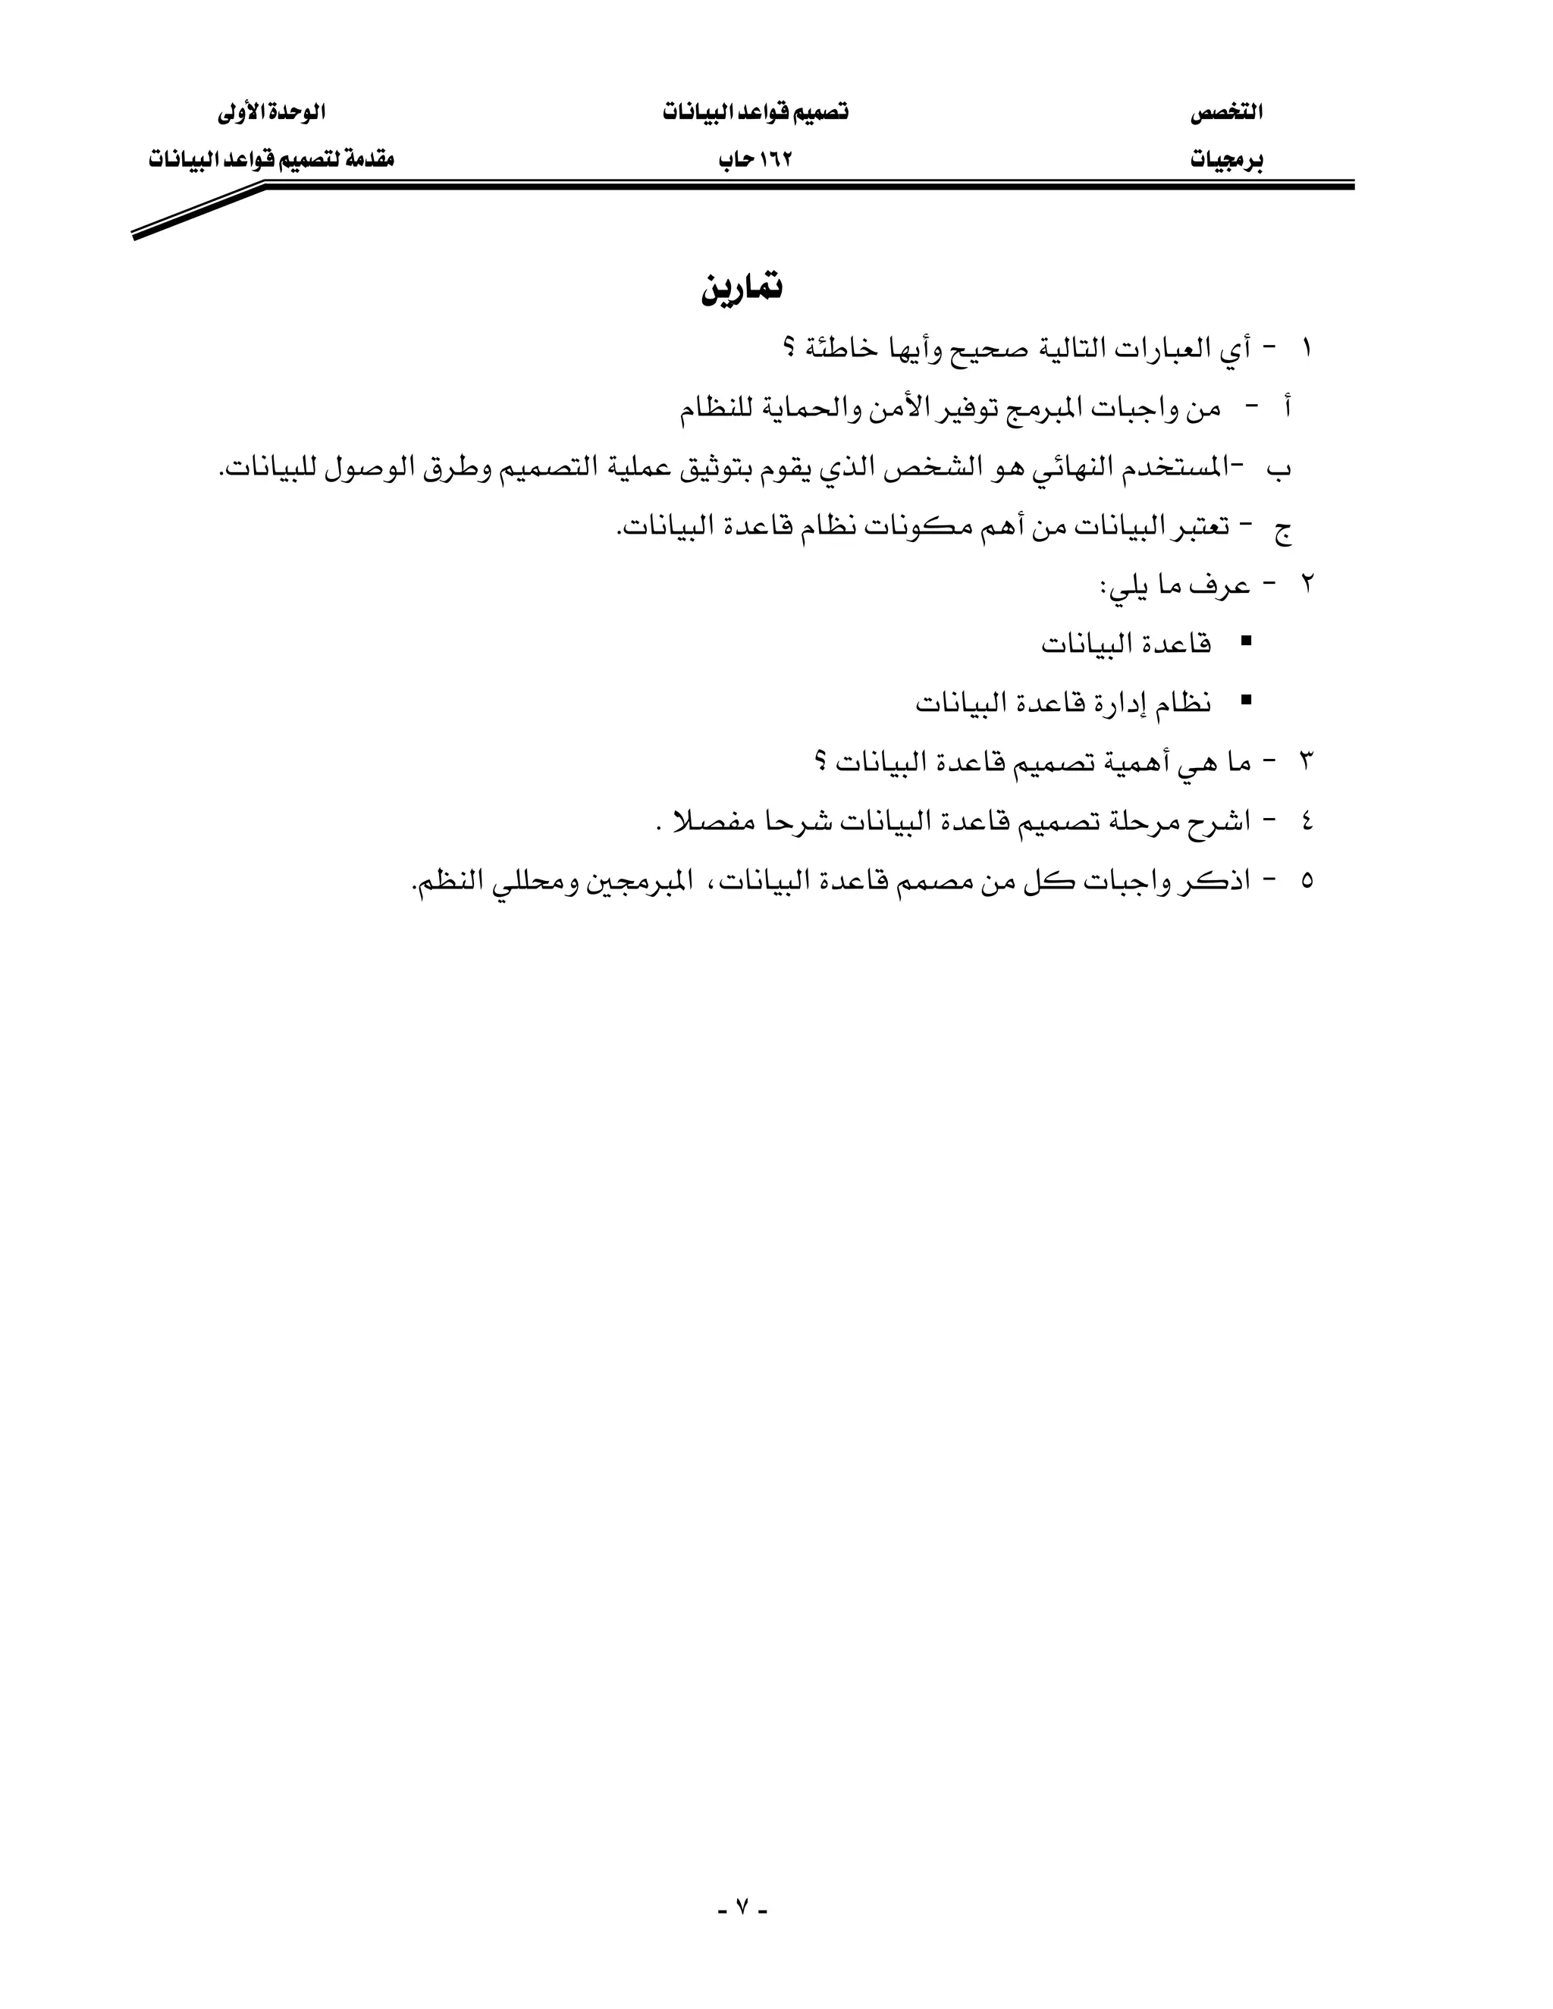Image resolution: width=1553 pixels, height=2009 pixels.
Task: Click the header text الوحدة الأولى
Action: tap(271, 113)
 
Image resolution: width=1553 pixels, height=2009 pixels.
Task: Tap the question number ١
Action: tap(1307, 349)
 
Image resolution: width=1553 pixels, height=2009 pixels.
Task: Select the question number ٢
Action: tap(1307, 585)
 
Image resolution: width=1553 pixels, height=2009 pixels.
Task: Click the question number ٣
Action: tap(1307, 762)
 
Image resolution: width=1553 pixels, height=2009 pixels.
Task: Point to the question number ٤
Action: tap(1307, 820)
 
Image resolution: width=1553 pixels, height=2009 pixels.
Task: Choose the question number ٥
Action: tap(1307, 880)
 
